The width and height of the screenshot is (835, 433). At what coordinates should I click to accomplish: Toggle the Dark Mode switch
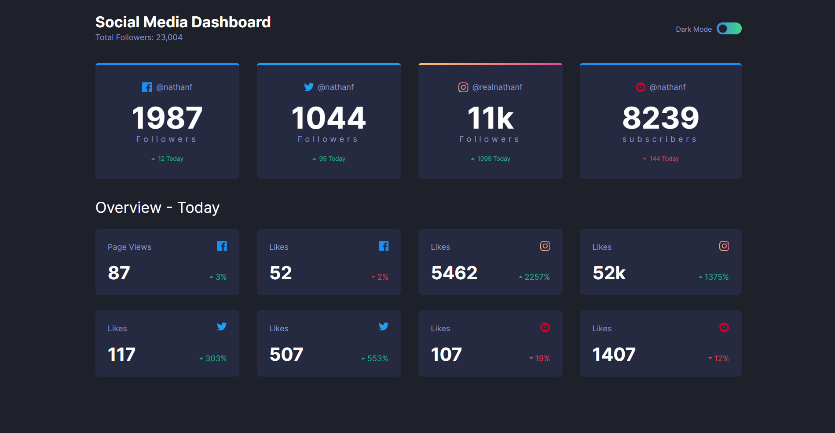[x=729, y=29]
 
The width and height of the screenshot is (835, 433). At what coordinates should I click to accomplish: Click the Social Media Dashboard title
[x=183, y=22]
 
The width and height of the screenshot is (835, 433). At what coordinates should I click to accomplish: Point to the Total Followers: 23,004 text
[x=139, y=37]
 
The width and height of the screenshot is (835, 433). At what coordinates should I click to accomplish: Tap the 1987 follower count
[x=167, y=118]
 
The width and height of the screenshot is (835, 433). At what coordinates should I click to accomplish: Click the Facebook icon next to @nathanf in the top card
[x=147, y=87]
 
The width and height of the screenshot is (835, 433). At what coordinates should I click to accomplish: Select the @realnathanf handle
[x=497, y=87]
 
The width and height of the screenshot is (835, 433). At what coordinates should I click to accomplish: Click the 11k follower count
[x=491, y=118]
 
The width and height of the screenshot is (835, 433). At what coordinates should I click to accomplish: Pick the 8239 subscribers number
[x=661, y=118]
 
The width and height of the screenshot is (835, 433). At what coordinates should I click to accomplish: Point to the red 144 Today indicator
[x=661, y=159]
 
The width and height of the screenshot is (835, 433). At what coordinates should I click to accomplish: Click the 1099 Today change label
[x=491, y=159]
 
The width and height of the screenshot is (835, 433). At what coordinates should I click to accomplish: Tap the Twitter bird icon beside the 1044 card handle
[x=309, y=87]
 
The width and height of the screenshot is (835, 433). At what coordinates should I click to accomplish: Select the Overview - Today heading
[x=157, y=207]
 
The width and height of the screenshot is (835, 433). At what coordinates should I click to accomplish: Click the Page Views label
[x=129, y=247]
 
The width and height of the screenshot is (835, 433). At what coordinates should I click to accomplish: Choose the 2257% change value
[x=535, y=277]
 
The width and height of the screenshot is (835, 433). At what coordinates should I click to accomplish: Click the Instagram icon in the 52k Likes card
[x=724, y=246]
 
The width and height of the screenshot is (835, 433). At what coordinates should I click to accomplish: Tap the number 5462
[x=454, y=273]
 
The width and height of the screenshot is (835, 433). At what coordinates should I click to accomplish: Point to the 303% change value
[x=213, y=359]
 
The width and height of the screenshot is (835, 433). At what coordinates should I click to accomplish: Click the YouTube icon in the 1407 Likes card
[x=724, y=327]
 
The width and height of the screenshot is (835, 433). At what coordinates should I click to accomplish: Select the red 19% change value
[x=540, y=359]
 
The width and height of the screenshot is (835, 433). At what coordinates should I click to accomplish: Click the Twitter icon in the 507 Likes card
[x=384, y=326]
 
